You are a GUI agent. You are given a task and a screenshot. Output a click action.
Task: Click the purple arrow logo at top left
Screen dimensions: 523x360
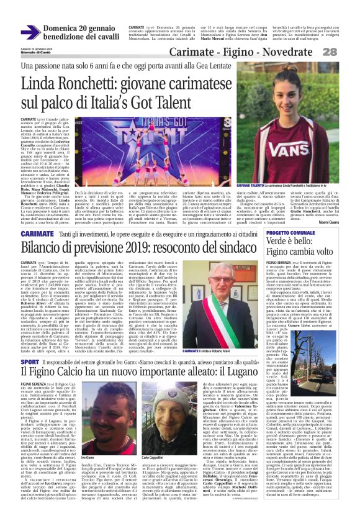coord(30,32)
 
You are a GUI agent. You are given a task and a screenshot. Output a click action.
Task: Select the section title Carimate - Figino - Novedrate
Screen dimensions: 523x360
coord(254,53)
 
